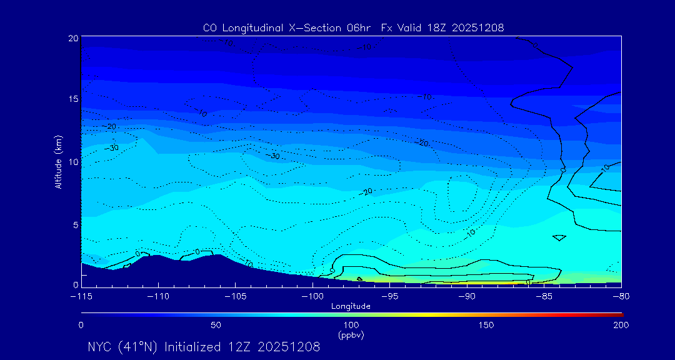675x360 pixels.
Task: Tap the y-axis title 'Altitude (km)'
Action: point(58,162)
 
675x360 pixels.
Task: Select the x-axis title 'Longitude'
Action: point(351,306)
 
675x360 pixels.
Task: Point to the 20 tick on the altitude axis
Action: point(73,38)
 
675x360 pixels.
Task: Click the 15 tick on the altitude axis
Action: point(73,99)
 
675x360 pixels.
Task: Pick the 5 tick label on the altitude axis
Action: point(75,224)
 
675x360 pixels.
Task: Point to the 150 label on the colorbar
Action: point(486,325)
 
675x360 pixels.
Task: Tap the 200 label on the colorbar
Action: point(621,325)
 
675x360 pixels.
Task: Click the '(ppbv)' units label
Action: point(351,335)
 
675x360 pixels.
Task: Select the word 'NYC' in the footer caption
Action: point(100,347)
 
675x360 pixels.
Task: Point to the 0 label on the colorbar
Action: point(81,325)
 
